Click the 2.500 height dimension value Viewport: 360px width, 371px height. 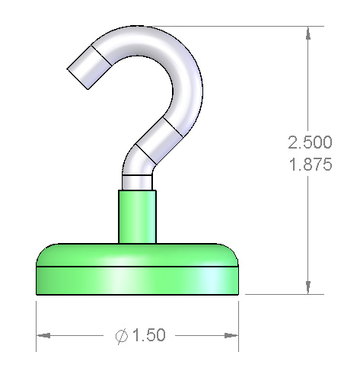[310, 142]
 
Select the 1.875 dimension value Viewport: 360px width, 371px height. [311, 164]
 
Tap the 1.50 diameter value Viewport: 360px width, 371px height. [149, 335]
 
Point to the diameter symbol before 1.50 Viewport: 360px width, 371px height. [122, 336]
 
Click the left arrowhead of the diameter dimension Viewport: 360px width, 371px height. [43, 336]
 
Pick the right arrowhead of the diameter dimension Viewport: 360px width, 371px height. [231, 336]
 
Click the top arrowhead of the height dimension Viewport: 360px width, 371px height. [308, 33]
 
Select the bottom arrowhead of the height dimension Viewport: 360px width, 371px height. [308, 288]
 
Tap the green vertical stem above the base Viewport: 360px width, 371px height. [137, 216]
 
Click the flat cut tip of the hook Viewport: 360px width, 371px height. [78, 79]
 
